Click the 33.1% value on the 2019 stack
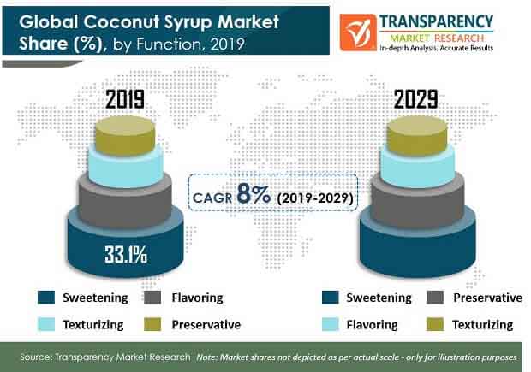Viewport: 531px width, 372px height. coord(126,254)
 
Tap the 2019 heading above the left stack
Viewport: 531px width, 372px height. coord(125,99)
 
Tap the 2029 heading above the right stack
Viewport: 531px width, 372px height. coord(416,99)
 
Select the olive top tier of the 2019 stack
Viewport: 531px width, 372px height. coord(125,135)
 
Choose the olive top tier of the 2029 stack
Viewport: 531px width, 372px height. coord(417,135)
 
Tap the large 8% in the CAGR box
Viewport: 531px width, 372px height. coord(254,194)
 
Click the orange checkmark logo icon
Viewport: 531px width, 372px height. coord(358,32)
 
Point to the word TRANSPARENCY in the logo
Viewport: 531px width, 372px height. coord(436,21)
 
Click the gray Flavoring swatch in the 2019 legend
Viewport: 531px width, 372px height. coord(152,298)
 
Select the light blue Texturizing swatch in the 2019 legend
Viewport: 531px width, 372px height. coord(46,324)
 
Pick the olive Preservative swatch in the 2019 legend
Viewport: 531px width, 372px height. coord(152,324)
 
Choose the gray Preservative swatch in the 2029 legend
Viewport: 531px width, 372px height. coord(435,298)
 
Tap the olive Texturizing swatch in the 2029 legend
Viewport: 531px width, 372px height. coord(435,324)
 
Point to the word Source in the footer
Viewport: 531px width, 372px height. coord(35,357)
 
